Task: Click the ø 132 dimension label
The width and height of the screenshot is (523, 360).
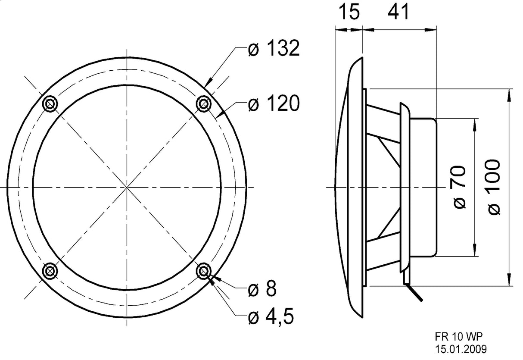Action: click(274, 49)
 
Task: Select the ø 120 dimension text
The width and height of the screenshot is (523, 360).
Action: click(274, 104)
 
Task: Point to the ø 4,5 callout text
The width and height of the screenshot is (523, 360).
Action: click(271, 317)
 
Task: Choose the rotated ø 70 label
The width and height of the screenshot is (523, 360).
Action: click(460, 187)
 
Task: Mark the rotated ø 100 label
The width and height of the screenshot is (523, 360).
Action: click(494, 187)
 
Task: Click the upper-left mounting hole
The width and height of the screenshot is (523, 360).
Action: click(51, 103)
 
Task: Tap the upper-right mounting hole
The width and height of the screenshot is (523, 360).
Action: click(203, 103)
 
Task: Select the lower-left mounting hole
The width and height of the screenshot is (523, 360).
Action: click(51, 270)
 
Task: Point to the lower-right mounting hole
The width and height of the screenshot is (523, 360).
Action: click(203, 271)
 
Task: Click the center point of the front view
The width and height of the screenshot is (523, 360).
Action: click(127, 187)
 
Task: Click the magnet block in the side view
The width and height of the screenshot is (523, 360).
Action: click(423, 187)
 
